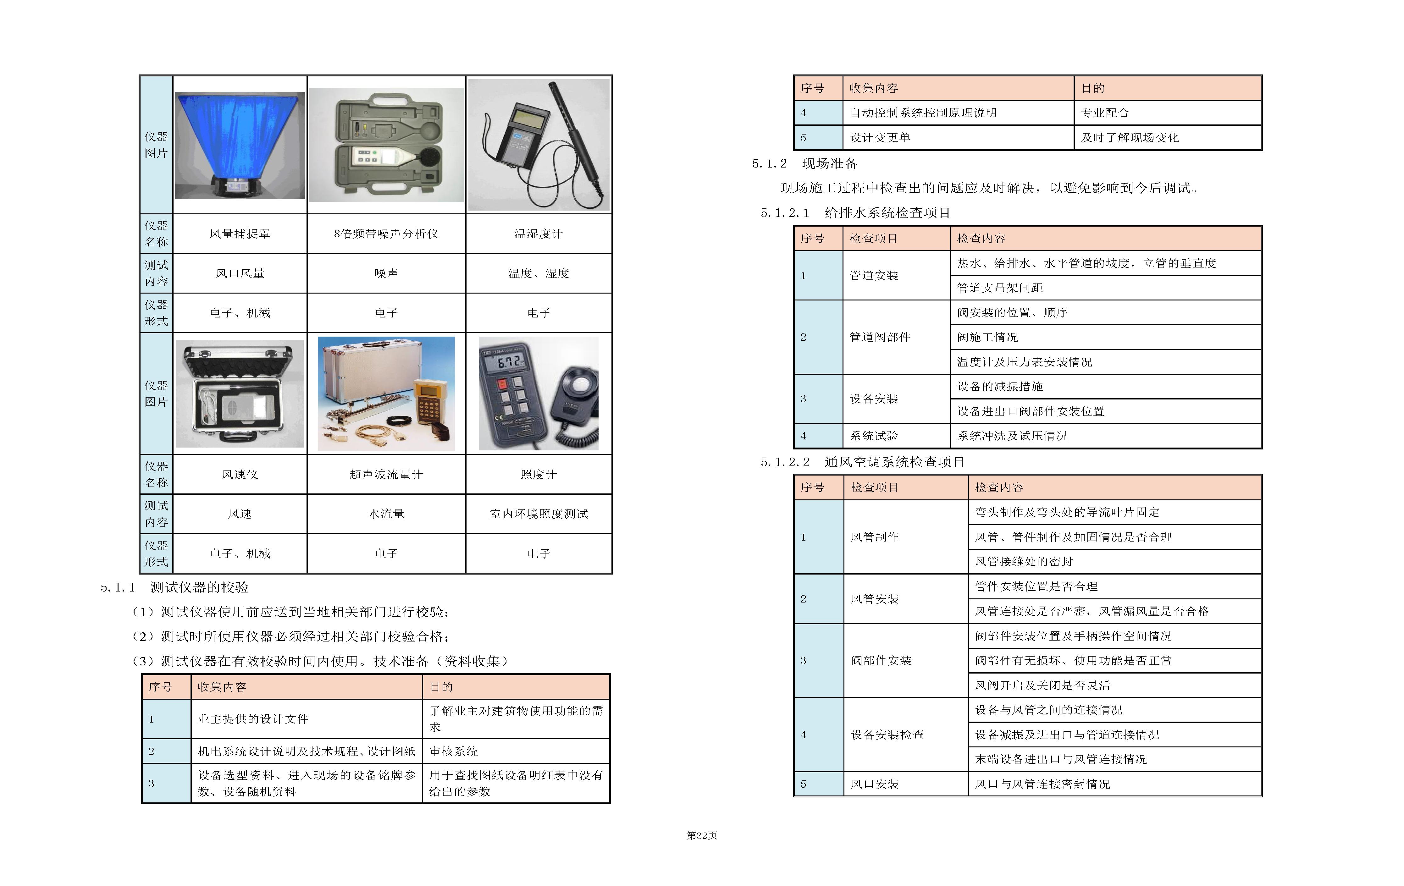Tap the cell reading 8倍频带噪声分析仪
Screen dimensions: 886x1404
pos(386,234)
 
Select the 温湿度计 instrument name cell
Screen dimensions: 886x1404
pos(538,234)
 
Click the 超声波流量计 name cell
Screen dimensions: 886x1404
pos(386,475)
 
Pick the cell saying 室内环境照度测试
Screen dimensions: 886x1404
pos(538,514)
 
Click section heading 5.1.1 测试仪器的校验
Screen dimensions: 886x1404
pos(175,587)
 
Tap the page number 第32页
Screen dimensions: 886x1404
pos(701,835)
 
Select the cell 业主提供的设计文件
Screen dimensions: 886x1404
pos(253,719)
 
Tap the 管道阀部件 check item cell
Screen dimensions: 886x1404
pos(880,337)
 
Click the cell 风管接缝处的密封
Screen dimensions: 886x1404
pos(1024,561)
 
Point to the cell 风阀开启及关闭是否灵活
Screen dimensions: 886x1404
pos(1042,685)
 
